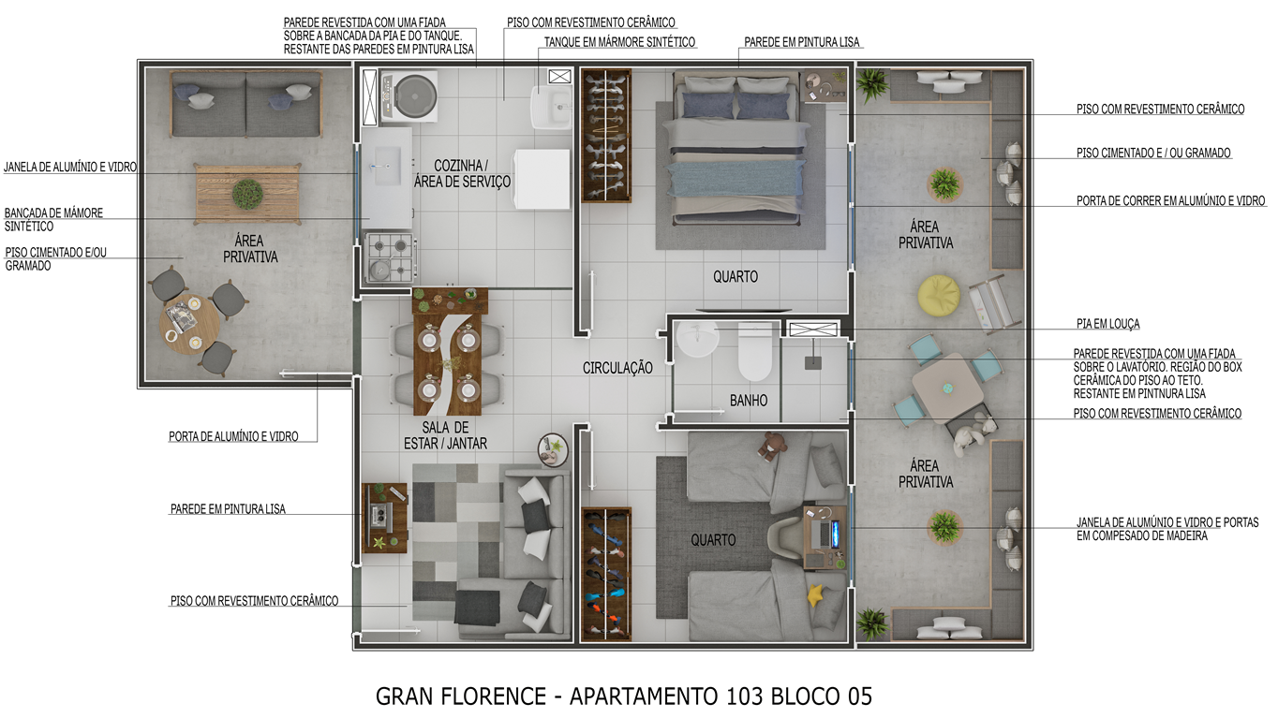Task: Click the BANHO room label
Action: coord(749,401)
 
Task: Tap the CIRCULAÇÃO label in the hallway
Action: coord(617,368)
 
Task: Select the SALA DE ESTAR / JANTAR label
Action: coord(446,435)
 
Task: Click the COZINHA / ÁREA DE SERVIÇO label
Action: coord(462,174)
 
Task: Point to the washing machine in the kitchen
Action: coord(409,96)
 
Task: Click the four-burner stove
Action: coord(391,257)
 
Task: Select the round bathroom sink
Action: coord(697,339)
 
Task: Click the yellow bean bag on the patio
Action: coord(939,294)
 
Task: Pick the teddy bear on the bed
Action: coord(771,445)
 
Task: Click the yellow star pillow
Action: coord(816,595)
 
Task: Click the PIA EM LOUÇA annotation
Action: coord(1108,324)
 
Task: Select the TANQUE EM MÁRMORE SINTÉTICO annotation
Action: coord(619,42)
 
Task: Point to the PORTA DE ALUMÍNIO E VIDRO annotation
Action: coord(233,436)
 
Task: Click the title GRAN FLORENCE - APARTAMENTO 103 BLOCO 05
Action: coord(624,696)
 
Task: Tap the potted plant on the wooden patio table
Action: coord(248,194)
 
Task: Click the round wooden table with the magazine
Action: coord(189,324)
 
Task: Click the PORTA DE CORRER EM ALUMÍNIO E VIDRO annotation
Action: coord(1171,201)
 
